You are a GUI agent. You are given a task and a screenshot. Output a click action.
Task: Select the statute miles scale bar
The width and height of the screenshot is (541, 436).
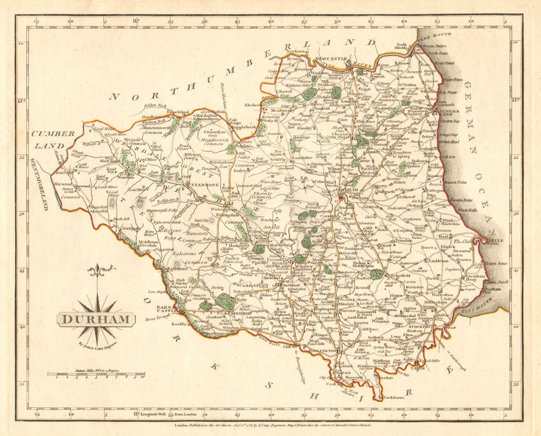click(x=96, y=373)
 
